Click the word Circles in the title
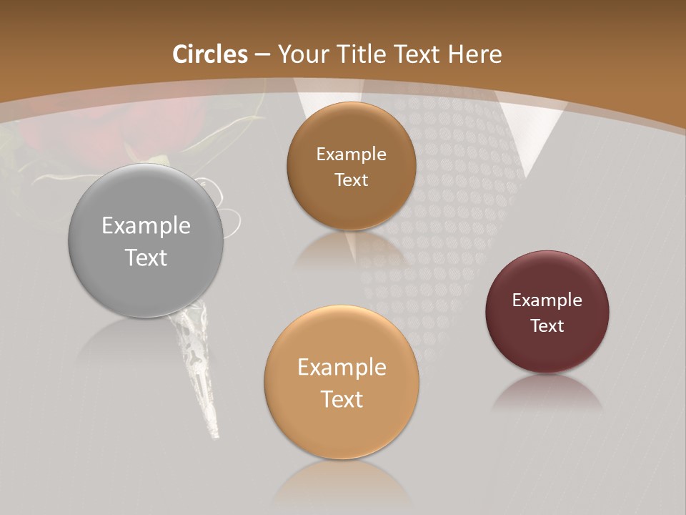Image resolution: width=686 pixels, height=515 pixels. [x=209, y=54]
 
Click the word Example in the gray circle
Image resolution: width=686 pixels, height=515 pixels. [x=146, y=226]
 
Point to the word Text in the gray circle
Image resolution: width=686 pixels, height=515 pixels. [x=146, y=257]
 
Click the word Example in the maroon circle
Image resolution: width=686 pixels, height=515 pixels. [x=547, y=300]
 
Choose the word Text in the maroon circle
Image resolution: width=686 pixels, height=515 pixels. [x=547, y=326]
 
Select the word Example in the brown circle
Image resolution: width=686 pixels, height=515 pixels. [x=351, y=154]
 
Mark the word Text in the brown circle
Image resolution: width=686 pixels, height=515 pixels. [x=351, y=180]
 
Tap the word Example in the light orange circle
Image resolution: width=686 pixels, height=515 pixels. [x=342, y=368]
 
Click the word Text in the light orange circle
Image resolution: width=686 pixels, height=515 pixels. [x=342, y=399]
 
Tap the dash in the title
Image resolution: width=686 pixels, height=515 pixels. [x=262, y=55]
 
